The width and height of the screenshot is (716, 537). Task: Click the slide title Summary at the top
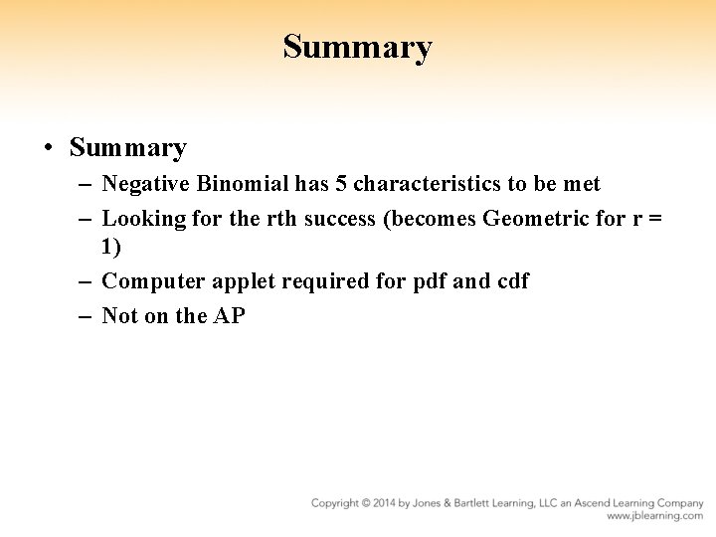click(x=357, y=47)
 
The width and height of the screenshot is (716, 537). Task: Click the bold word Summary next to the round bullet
click(x=127, y=149)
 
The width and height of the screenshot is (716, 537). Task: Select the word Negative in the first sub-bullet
click(x=147, y=184)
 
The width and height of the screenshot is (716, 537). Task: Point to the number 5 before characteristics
click(x=341, y=184)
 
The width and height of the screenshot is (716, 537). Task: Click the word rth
click(x=282, y=218)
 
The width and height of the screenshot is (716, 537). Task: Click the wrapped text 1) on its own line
click(x=111, y=248)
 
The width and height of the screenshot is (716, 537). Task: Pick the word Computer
click(x=153, y=281)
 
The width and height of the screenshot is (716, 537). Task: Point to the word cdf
click(x=511, y=281)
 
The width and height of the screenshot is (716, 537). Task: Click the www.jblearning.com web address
click(x=654, y=516)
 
